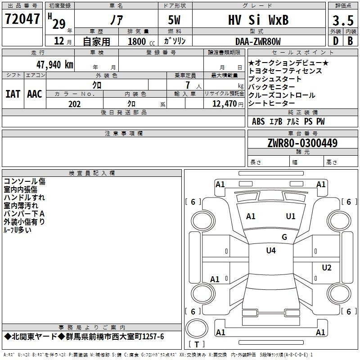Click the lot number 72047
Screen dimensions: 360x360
(22, 19)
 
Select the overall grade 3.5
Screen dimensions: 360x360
(343, 21)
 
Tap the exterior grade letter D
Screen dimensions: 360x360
(336, 41)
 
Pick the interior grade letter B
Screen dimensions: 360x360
(350, 41)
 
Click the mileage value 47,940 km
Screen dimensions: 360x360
(54, 65)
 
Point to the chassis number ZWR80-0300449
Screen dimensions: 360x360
(302, 143)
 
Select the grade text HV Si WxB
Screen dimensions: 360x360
(258, 20)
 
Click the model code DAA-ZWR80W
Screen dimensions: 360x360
(258, 41)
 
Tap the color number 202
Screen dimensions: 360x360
(74, 104)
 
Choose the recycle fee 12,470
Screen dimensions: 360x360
(224, 104)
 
